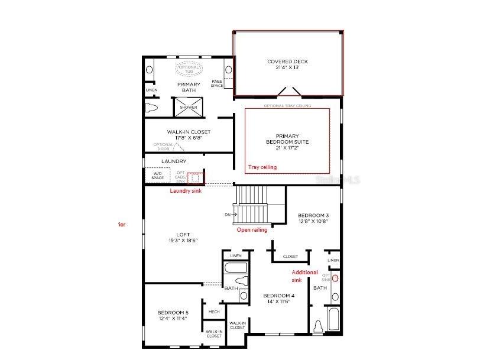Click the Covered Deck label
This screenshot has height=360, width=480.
[x=287, y=64]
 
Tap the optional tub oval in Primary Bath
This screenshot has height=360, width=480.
[x=189, y=69]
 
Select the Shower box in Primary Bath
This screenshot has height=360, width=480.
[x=188, y=107]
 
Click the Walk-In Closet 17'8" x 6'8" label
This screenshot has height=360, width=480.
[x=189, y=135]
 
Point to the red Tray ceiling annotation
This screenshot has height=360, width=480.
[x=262, y=167]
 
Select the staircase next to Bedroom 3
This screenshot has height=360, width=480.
[x=252, y=204]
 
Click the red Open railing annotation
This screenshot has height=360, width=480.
[x=252, y=230]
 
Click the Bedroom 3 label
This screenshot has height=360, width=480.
[x=313, y=218]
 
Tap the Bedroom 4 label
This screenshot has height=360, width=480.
[x=278, y=299]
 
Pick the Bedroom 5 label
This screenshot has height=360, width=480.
[x=173, y=315]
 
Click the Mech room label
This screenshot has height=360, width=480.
[x=214, y=312]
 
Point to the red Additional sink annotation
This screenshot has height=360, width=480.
[x=305, y=276]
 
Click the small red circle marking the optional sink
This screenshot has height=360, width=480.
[x=335, y=277]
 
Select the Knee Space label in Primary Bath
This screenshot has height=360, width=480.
[x=217, y=83]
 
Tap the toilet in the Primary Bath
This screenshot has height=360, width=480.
[x=150, y=108]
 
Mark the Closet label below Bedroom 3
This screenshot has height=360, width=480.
[x=290, y=257]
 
